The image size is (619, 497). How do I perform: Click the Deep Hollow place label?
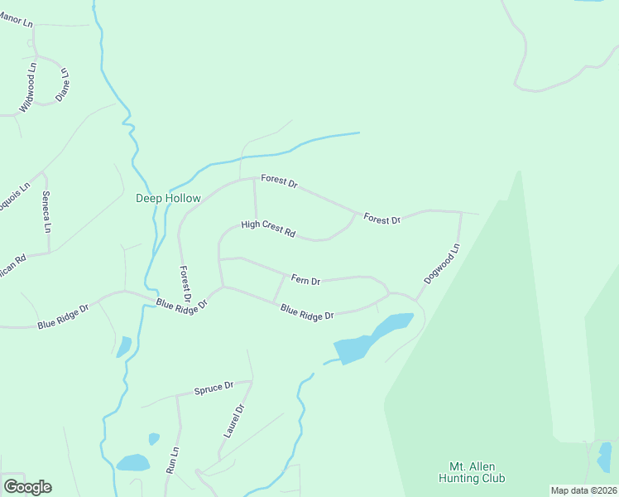pyautogui.click(x=168, y=199)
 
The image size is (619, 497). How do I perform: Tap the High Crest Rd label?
pyautogui.click(x=267, y=229)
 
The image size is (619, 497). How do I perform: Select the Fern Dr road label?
pyautogui.click(x=305, y=281)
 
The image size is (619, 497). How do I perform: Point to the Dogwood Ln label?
pyautogui.click(x=442, y=264)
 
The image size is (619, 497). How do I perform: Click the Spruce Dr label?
pyautogui.click(x=214, y=388)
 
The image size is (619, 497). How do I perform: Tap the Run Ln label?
pyautogui.click(x=174, y=460)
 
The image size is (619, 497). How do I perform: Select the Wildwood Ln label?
pyautogui.click(x=28, y=86)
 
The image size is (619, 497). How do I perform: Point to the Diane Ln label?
pyautogui.click(x=62, y=85)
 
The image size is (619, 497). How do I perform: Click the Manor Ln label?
pyautogui.click(x=16, y=18)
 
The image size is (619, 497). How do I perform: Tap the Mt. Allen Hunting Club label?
pyautogui.click(x=476, y=472)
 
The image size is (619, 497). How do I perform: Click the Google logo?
pyautogui.click(x=27, y=487)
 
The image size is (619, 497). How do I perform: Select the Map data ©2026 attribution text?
pyautogui.click(x=583, y=490)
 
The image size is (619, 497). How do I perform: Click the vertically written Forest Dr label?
pyautogui.click(x=186, y=283)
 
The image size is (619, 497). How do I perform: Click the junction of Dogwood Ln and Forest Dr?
pyautogui.click(x=460, y=212)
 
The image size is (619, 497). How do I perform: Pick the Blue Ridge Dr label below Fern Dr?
pyautogui.click(x=306, y=313)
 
